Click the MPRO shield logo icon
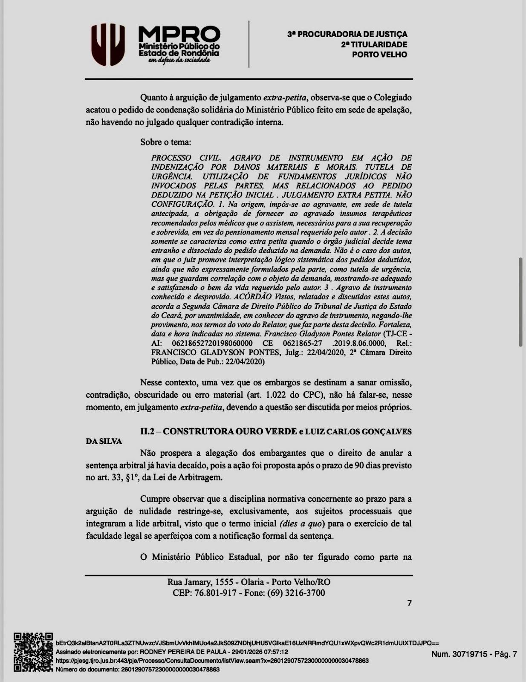pyautogui.click(x=109, y=44)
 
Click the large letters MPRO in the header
pyautogui.click(x=179, y=34)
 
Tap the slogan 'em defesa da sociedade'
pyautogui.click(x=179, y=61)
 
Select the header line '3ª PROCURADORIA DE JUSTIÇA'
pyautogui.click(x=347, y=34)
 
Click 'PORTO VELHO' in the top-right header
pyautogui.click(x=379, y=55)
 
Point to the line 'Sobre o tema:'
pyautogui.click(x=166, y=142)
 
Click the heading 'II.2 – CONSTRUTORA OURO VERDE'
pyautogui.click(x=218, y=431)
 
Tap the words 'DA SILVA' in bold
pyautogui.click(x=104, y=442)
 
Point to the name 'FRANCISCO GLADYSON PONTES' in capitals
pyautogui.click(x=216, y=353)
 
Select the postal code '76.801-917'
pyautogui.click(x=215, y=593)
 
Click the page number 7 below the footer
pyautogui.click(x=409, y=603)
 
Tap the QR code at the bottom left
pyautogui.click(x=33, y=652)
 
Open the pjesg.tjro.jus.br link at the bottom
pyautogui.click(x=212, y=661)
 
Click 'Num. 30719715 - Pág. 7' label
pyautogui.click(x=474, y=654)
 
